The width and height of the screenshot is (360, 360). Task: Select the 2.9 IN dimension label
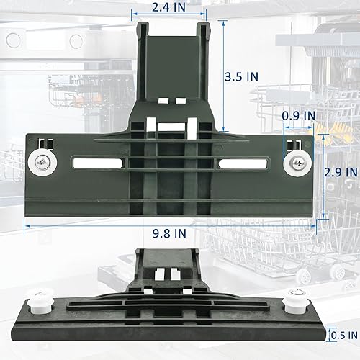point(341,172)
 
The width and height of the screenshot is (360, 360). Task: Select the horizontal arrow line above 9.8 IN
point(171,224)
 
